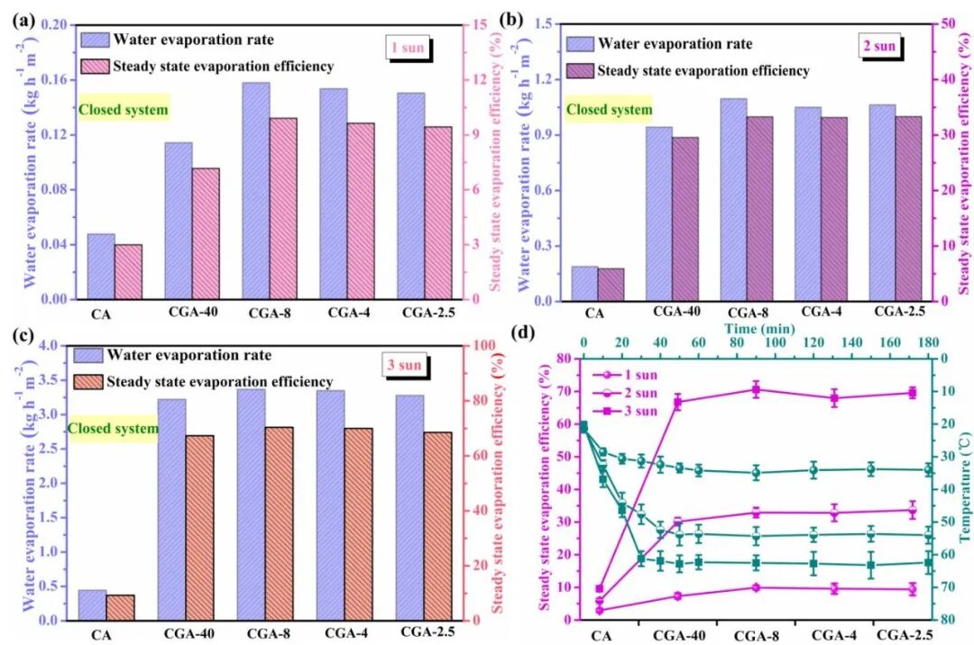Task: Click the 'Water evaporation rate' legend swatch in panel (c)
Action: [88, 355]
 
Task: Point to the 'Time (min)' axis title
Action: [758, 330]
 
